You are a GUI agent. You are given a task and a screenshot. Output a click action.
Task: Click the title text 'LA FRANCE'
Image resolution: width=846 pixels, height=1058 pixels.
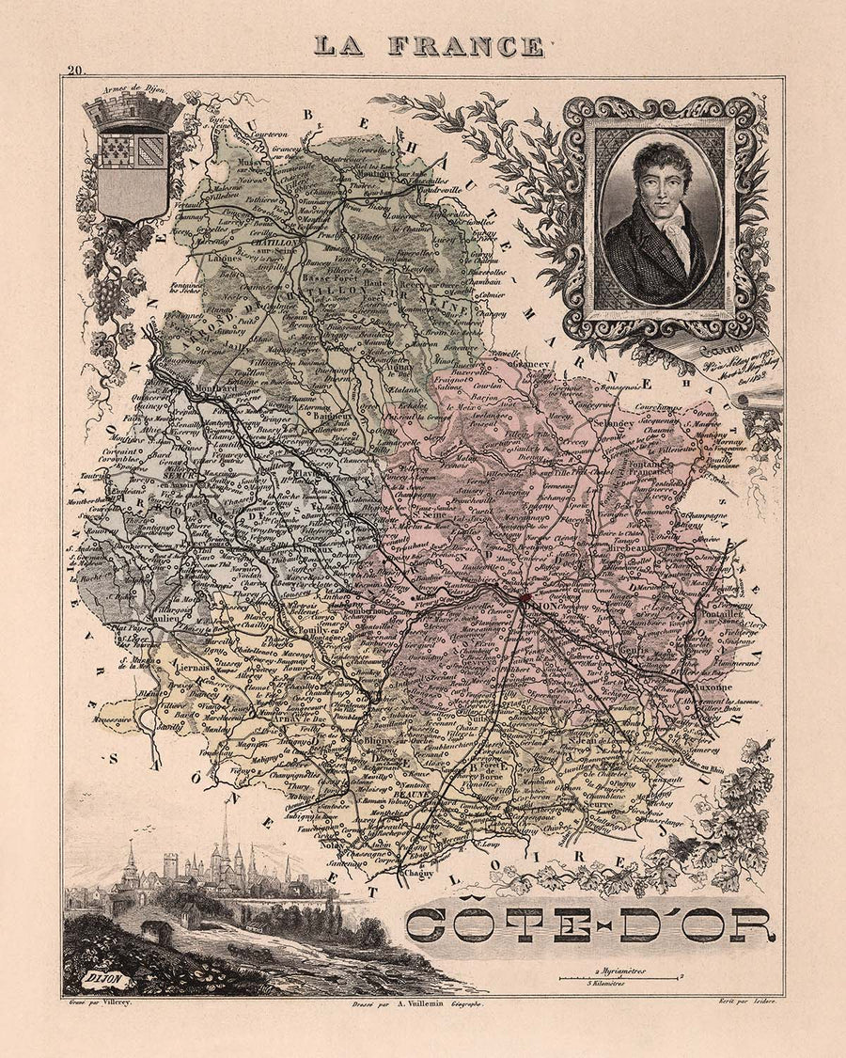tap(428, 46)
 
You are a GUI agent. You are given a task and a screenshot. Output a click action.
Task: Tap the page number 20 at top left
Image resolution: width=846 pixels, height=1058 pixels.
tap(74, 69)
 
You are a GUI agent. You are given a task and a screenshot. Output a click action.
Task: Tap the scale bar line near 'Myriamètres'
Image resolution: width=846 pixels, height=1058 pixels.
tap(620, 978)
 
